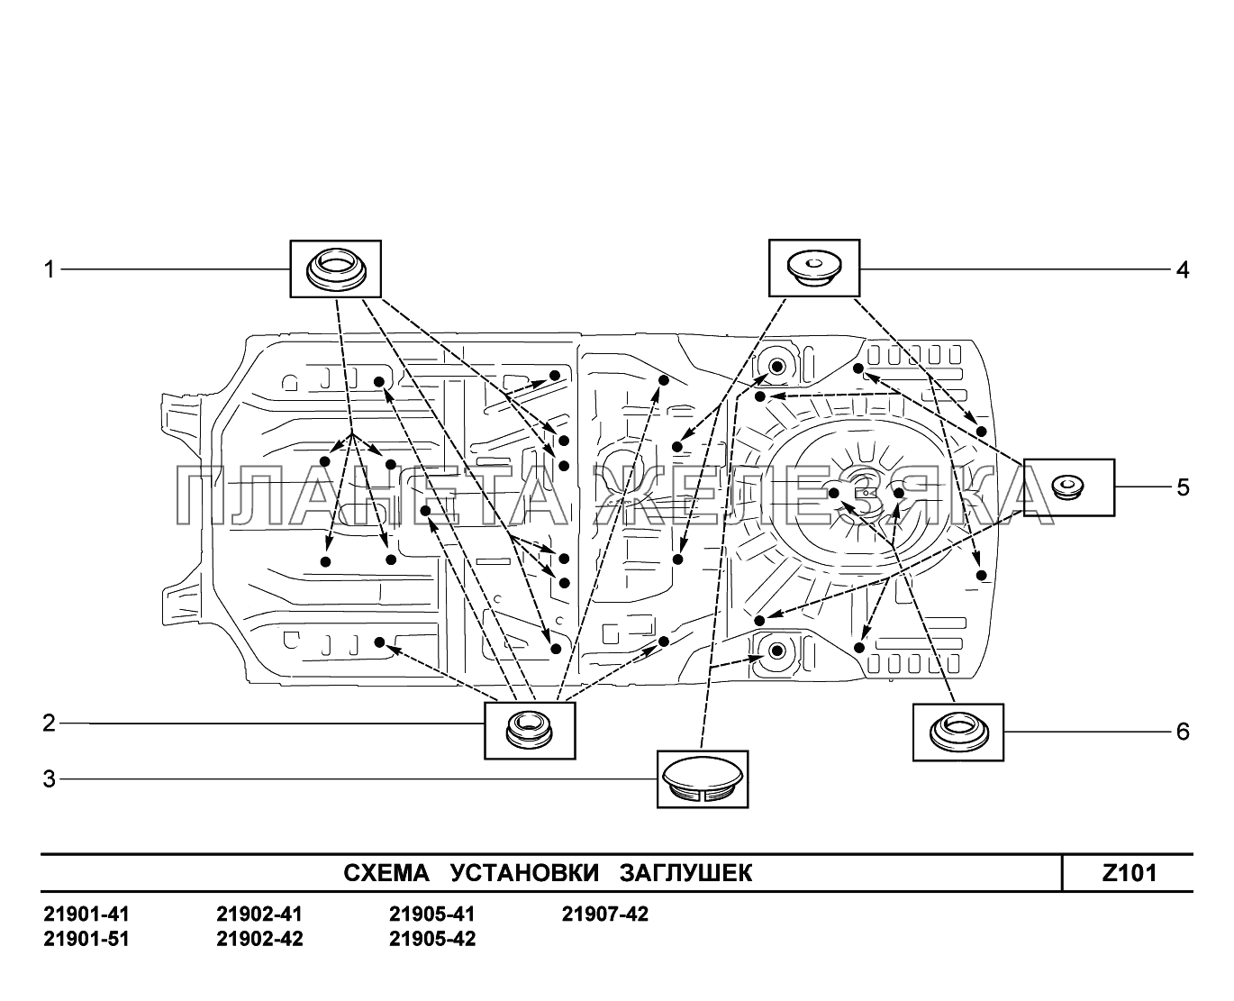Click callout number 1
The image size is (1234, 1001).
coord(50,268)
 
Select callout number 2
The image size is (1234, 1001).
coord(50,723)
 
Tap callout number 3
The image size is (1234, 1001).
coord(50,779)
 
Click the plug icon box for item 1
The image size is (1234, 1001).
coord(334,268)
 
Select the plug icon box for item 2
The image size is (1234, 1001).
coord(529,729)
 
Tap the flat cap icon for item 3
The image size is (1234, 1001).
coord(703,778)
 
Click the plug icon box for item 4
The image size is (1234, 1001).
coord(813,268)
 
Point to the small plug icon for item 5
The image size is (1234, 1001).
coord(1069,487)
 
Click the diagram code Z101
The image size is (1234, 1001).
coord(1129,873)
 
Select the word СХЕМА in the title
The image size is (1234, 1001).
coord(388,873)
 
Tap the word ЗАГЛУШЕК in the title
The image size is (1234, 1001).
coord(685,873)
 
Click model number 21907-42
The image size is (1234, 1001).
coord(605,915)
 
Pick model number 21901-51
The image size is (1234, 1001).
coord(86,939)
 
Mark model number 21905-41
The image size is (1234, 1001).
coord(432,915)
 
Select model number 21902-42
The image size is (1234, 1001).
coord(259,939)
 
